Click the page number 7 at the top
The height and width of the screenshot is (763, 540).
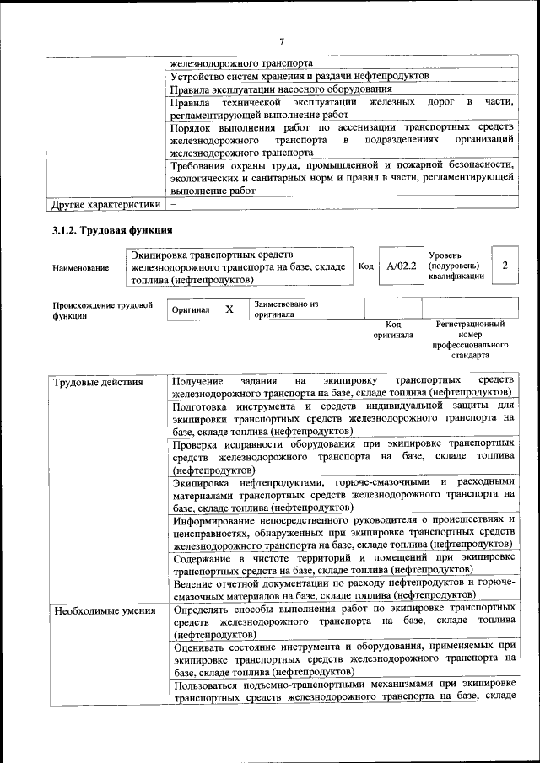pyautogui.click(x=282, y=41)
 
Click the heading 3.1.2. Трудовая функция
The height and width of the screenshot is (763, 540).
pyautogui.click(x=112, y=230)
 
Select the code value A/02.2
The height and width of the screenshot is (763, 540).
pyautogui.click(x=402, y=266)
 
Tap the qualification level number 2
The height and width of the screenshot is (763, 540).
pyautogui.click(x=505, y=266)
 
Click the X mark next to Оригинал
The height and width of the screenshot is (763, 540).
pyautogui.click(x=229, y=309)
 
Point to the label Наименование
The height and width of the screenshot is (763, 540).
pyautogui.click(x=80, y=268)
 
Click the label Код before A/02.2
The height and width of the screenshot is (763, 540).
pyautogui.click(x=365, y=266)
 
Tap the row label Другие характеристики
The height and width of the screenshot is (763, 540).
pyautogui.click(x=105, y=204)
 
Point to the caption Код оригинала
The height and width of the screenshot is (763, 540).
pyautogui.click(x=392, y=330)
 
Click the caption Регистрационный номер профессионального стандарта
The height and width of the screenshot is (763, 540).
pyautogui.click(x=470, y=340)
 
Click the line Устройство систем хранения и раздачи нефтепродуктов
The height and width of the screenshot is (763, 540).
pyautogui.click(x=300, y=76)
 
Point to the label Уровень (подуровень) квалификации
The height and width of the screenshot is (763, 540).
pyautogui.click(x=456, y=265)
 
